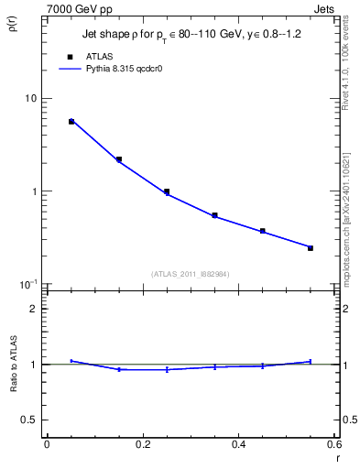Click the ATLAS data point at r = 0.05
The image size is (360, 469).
(x=71, y=121)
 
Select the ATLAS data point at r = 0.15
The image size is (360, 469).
(x=119, y=159)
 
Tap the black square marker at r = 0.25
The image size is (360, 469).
(x=167, y=191)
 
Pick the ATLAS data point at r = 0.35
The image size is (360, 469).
(x=214, y=215)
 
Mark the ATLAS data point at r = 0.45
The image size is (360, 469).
(x=263, y=231)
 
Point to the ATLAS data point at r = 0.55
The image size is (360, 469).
(x=311, y=248)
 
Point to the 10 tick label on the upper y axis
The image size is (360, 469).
(x=29, y=98)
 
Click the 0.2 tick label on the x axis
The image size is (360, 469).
(x=142, y=443)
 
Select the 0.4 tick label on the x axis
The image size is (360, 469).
(x=238, y=443)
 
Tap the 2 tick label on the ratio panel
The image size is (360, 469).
(x=34, y=309)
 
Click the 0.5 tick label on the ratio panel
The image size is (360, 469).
(x=29, y=420)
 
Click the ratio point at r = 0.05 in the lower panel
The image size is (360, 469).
(x=71, y=361)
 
